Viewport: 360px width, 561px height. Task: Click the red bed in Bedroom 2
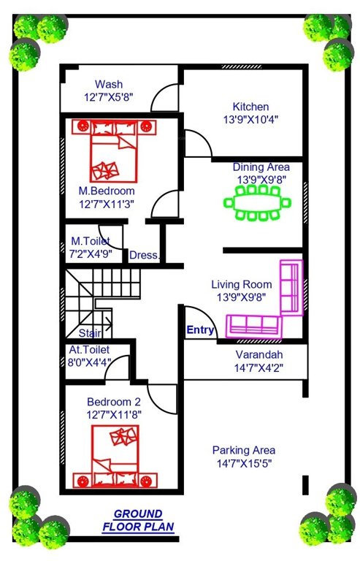point(117,457)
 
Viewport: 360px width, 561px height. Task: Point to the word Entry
point(200,330)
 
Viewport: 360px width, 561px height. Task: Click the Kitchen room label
point(250,107)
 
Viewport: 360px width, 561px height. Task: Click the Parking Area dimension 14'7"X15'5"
point(244,463)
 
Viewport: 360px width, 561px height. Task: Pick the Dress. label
point(143,255)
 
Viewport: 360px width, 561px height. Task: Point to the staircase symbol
point(99,296)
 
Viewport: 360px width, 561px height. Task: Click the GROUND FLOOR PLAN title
point(138,519)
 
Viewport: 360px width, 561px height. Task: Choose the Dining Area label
point(261,167)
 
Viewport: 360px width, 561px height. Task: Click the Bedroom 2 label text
point(113,402)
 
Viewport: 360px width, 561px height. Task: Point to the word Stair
point(90,332)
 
